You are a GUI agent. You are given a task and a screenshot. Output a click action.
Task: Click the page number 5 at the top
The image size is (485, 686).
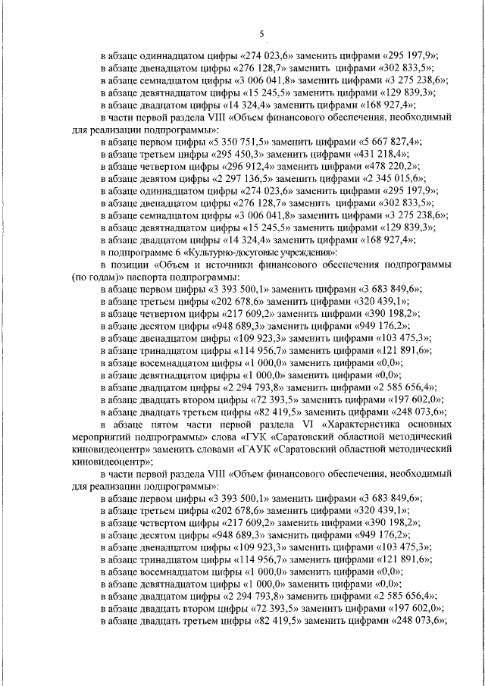click(x=261, y=33)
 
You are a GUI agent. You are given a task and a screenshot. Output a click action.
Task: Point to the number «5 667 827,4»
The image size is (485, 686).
click(x=392, y=142)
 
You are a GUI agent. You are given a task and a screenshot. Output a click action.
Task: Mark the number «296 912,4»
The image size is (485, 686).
click(x=246, y=166)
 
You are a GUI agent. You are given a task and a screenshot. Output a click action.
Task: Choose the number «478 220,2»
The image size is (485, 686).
click(x=398, y=166)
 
